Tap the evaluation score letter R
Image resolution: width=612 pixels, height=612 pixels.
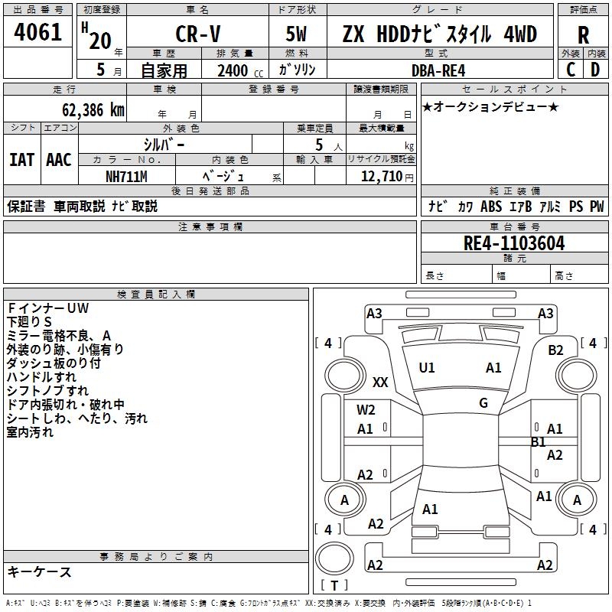point(583,35)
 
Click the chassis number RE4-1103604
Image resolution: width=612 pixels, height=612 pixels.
point(514,244)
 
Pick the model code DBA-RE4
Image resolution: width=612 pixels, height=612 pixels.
point(438,71)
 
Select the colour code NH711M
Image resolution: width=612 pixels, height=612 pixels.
point(126,176)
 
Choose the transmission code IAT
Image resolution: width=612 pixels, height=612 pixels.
point(22,160)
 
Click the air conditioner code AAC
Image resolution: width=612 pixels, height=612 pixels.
point(59,160)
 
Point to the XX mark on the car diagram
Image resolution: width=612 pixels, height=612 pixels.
point(380,382)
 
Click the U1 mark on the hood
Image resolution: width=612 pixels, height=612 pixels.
point(427,368)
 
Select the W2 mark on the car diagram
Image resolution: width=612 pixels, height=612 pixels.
point(366,410)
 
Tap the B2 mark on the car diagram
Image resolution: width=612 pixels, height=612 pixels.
point(555,350)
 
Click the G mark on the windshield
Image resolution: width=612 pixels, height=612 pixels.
point(483,403)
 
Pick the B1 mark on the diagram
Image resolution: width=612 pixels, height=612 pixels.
point(539,442)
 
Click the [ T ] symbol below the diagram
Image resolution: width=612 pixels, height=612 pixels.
point(334,585)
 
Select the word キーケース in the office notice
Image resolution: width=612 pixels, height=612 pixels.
point(39,572)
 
